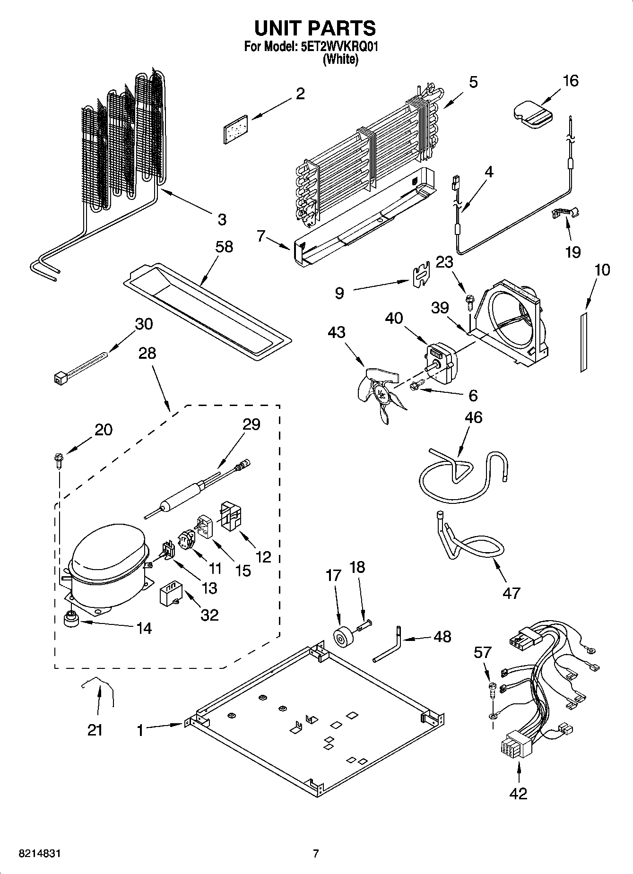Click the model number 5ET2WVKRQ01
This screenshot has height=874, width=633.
click(338, 47)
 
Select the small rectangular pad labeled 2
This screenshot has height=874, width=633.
click(236, 127)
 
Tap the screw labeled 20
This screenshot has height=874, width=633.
click(59, 459)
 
